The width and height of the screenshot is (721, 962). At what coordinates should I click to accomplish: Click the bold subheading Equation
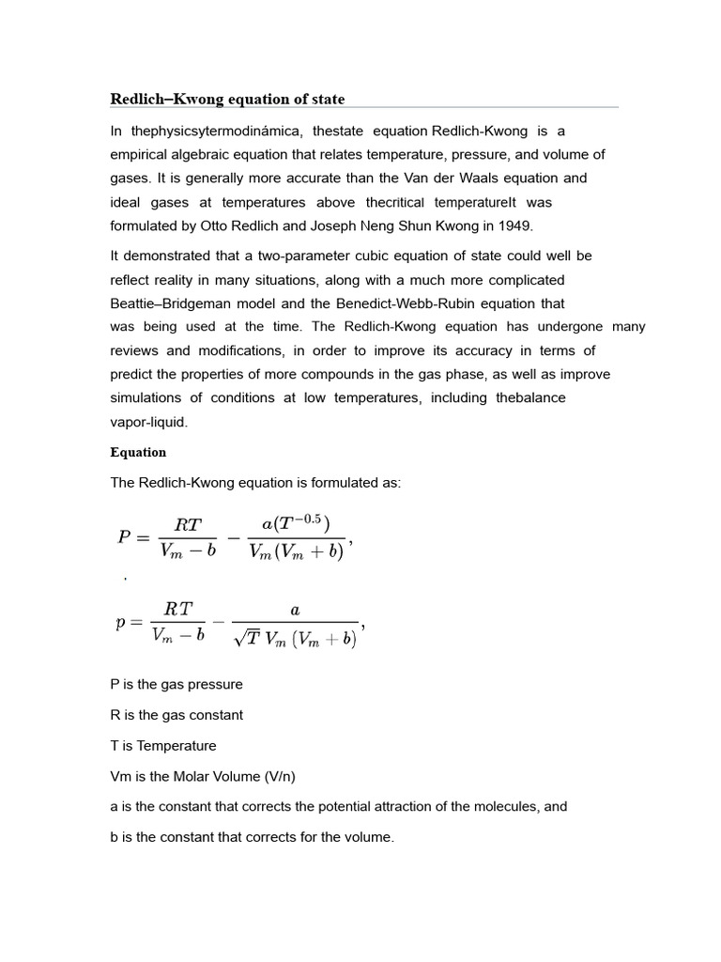pos(138,452)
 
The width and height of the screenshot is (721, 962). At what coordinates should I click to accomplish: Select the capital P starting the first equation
pos(125,537)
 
